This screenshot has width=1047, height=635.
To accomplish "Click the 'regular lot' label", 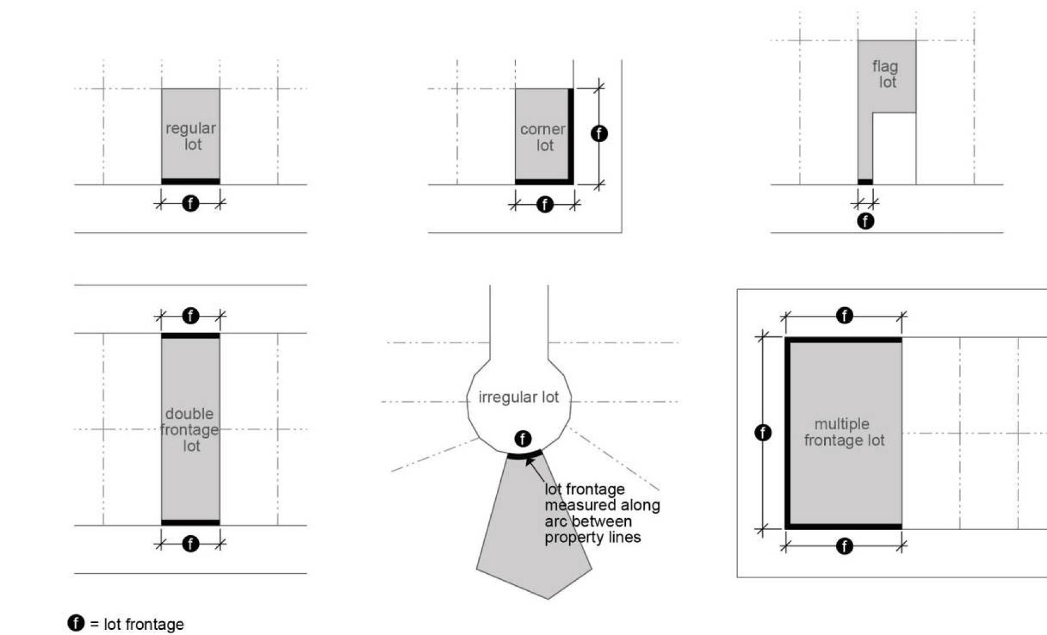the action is (x=191, y=136).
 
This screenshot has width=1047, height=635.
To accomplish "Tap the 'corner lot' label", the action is (x=543, y=138).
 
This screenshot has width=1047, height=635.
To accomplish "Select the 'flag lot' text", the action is (x=885, y=75).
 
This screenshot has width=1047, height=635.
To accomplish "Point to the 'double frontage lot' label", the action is (x=190, y=430).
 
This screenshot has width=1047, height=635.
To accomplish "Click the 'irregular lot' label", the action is (x=519, y=397).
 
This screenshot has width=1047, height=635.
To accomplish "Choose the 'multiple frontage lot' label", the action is (x=844, y=432).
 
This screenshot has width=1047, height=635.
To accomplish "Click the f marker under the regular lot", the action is (x=190, y=203).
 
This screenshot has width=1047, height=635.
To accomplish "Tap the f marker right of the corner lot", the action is (x=599, y=134).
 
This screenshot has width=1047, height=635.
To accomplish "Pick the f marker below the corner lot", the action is (x=544, y=204).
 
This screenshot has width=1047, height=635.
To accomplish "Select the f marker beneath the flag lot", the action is (x=865, y=221).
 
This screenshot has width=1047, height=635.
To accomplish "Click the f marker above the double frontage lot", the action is (x=190, y=316).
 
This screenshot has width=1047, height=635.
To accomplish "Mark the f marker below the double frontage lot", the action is (x=190, y=543).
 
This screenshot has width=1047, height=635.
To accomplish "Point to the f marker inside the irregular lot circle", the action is (x=523, y=439).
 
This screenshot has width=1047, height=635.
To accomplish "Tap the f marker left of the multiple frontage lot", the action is (x=763, y=432).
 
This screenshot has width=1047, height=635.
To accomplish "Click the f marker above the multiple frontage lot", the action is (x=844, y=315).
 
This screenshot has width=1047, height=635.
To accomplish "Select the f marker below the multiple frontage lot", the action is (x=844, y=546).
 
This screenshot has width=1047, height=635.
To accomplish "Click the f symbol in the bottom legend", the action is (x=76, y=623).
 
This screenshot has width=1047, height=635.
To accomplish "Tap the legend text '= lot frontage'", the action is (x=137, y=624).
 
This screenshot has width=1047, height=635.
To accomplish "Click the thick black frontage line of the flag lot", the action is (x=865, y=182).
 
